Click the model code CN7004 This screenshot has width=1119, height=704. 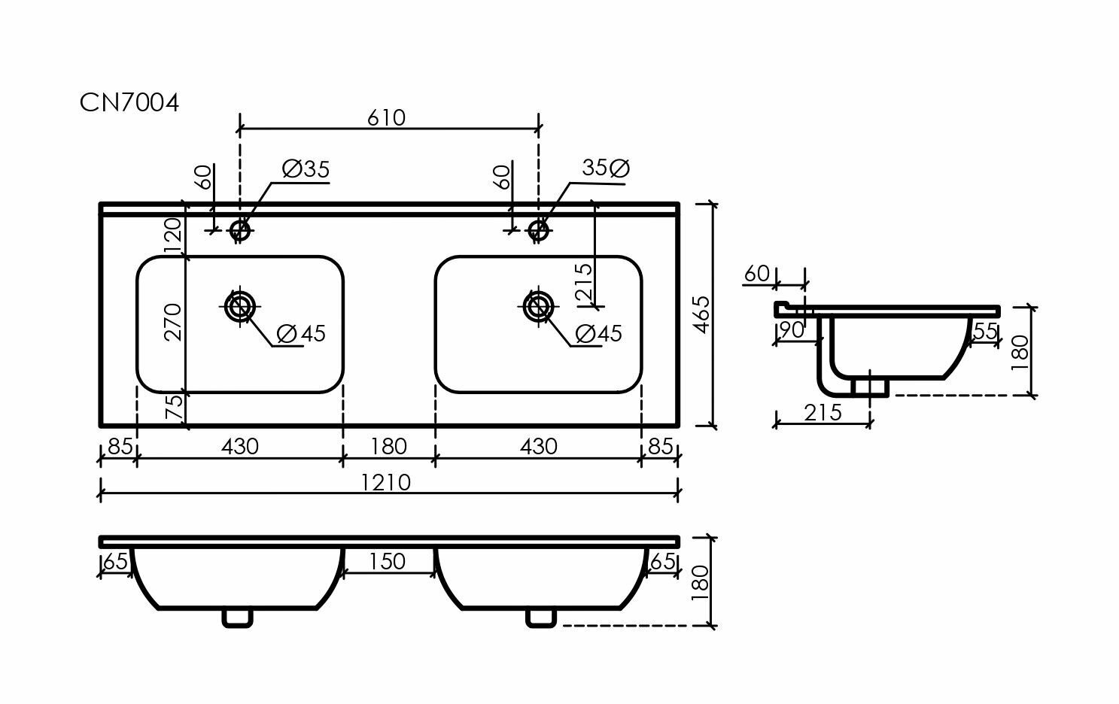click(x=129, y=103)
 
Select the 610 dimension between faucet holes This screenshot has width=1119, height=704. click(x=388, y=118)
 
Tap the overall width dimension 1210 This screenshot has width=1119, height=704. click(x=389, y=482)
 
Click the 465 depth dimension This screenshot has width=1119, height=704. click(x=701, y=315)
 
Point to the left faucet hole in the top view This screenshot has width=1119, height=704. click(x=240, y=229)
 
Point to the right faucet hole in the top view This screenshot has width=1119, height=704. click(x=539, y=229)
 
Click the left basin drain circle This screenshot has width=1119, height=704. click(x=240, y=305)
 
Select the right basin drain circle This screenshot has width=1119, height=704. click(x=539, y=305)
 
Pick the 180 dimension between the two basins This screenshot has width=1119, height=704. click(x=388, y=447)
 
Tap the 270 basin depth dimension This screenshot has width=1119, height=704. click(x=174, y=321)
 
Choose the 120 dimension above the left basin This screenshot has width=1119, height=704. click(x=174, y=235)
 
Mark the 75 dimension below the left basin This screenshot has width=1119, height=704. click(x=174, y=409)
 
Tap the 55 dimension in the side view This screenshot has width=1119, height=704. click(x=986, y=331)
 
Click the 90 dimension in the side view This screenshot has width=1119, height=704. click(x=792, y=330)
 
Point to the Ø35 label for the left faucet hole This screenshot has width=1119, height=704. click(x=306, y=170)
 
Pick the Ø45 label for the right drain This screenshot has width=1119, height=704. click(x=598, y=333)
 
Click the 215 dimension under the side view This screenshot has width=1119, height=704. click(x=823, y=413)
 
